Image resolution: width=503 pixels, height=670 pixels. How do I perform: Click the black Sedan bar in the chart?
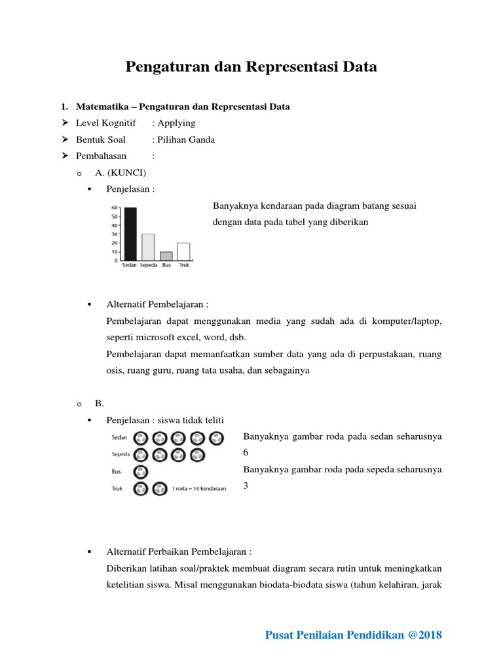[130, 234]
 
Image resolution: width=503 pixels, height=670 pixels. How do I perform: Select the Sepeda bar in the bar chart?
[149, 247]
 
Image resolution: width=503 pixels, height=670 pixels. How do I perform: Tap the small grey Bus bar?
[166, 256]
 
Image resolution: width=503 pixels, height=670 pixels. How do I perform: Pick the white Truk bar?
[183, 251]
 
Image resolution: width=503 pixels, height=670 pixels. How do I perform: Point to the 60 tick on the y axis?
[115, 208]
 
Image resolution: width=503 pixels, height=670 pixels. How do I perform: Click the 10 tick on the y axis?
[115, 252]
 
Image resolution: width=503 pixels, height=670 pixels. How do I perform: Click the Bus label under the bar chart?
[166, 266]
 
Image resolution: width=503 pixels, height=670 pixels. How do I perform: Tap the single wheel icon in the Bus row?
[140, 472]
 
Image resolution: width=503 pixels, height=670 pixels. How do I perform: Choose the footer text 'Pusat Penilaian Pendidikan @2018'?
[354, 635]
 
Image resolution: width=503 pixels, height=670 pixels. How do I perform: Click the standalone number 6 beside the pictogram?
[246, 453]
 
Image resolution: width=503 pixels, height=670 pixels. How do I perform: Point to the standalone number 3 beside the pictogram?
[246, 485]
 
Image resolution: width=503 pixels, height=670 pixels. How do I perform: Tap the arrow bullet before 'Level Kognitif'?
[65, 123]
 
